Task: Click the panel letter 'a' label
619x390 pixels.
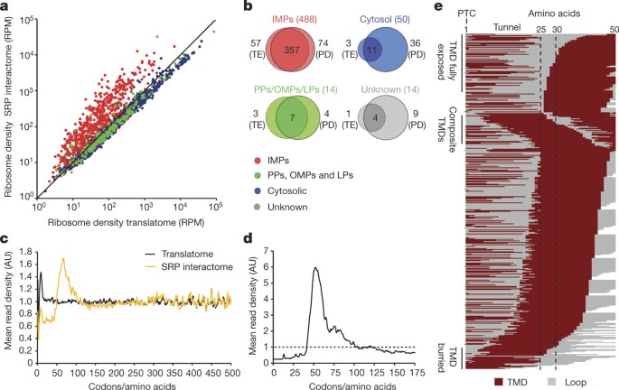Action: pyautogui.click(x=5, y=7)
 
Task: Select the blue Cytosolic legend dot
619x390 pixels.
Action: pyautogui.click(x=254, y=200)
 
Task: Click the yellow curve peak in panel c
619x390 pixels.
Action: pyautogui.click(x=62, y=259)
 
